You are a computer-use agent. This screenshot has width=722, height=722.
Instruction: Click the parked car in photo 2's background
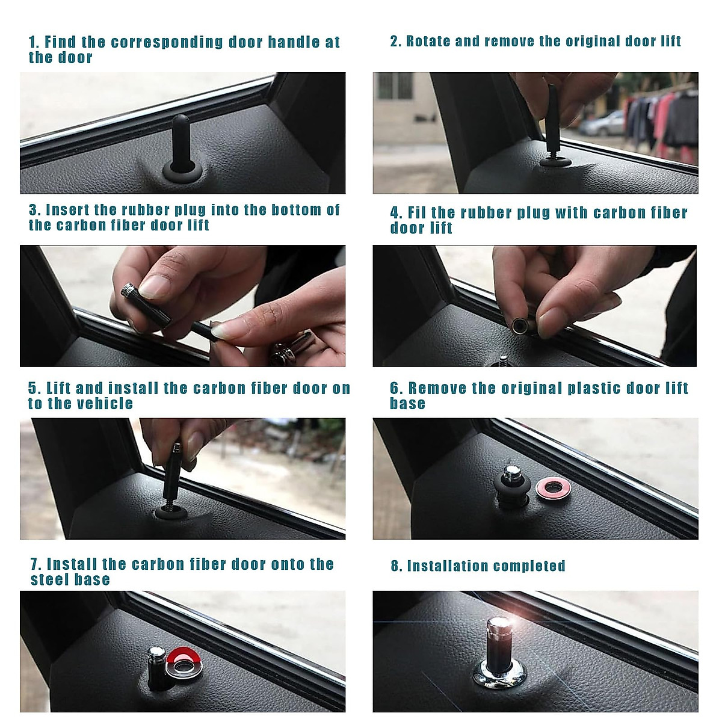601,124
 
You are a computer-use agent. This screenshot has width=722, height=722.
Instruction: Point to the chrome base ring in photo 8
499,673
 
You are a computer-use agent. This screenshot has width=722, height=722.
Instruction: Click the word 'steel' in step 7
49,579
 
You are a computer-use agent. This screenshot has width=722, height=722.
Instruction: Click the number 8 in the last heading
395,566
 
